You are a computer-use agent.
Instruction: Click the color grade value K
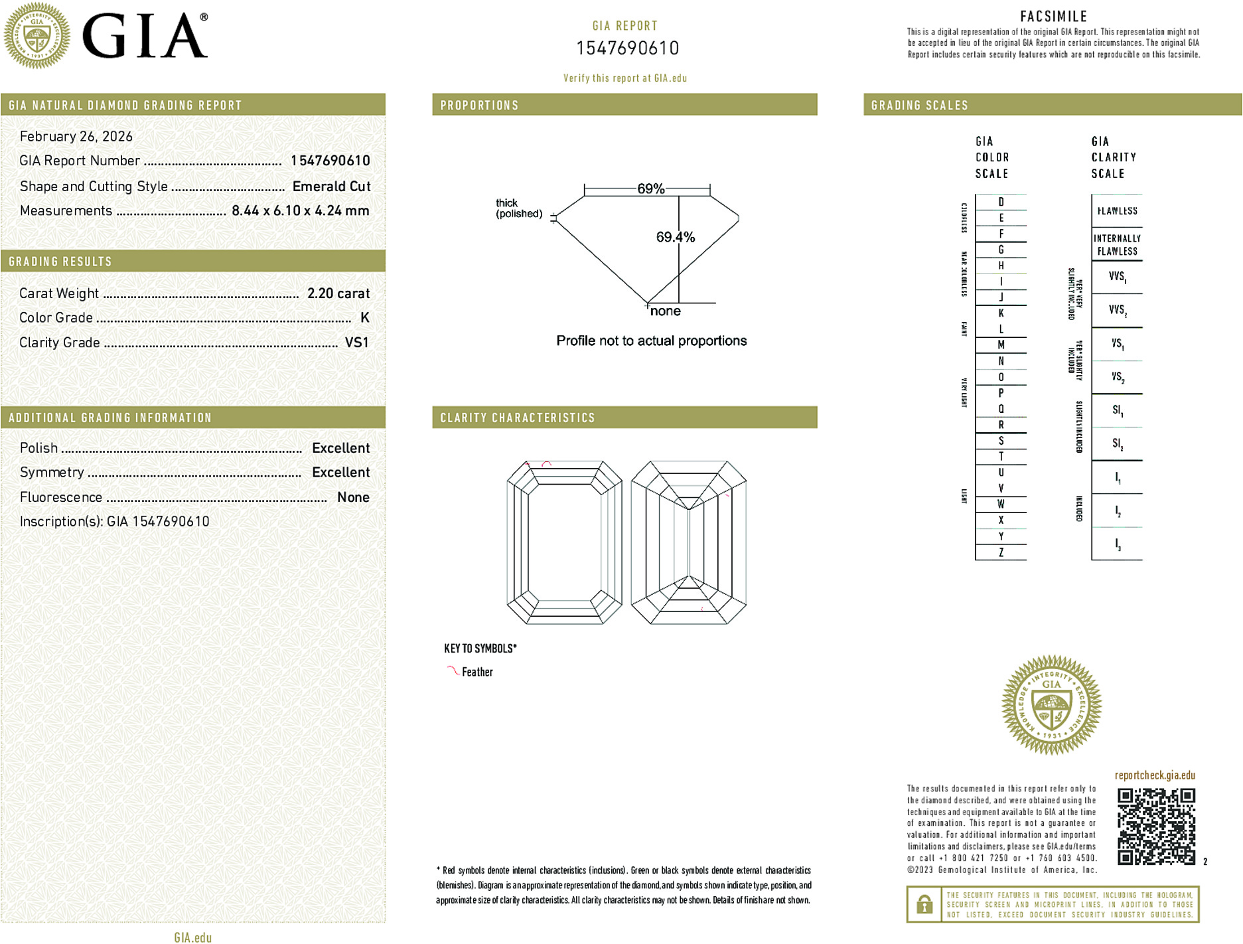(364, 318)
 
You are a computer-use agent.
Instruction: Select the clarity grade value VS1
(356, 343)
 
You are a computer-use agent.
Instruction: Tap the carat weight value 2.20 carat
(338, 293)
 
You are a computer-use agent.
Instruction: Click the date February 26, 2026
(76, 137)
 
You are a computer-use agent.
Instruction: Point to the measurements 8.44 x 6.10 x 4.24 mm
(300, 211)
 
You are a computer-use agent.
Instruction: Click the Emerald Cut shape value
(331, 187)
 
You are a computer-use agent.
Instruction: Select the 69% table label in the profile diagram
(650, 189)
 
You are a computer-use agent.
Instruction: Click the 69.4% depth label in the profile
(675, 237)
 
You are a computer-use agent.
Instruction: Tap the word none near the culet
(665, 311)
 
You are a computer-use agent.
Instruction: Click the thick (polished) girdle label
(518, 208)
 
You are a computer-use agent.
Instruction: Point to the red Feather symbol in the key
(453, 671)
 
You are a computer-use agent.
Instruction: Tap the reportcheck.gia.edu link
(1154, 775)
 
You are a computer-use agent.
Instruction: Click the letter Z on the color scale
(1001, 552)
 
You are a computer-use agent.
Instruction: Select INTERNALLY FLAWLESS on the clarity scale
(1117, 245)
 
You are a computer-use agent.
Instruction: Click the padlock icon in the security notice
(924, 904)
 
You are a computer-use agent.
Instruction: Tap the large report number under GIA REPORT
(627, 48)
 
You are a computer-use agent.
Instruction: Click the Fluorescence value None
(353, 497)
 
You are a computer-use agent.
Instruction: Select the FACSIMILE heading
(1053, 17)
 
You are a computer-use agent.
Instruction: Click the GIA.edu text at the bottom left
(192, 937)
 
